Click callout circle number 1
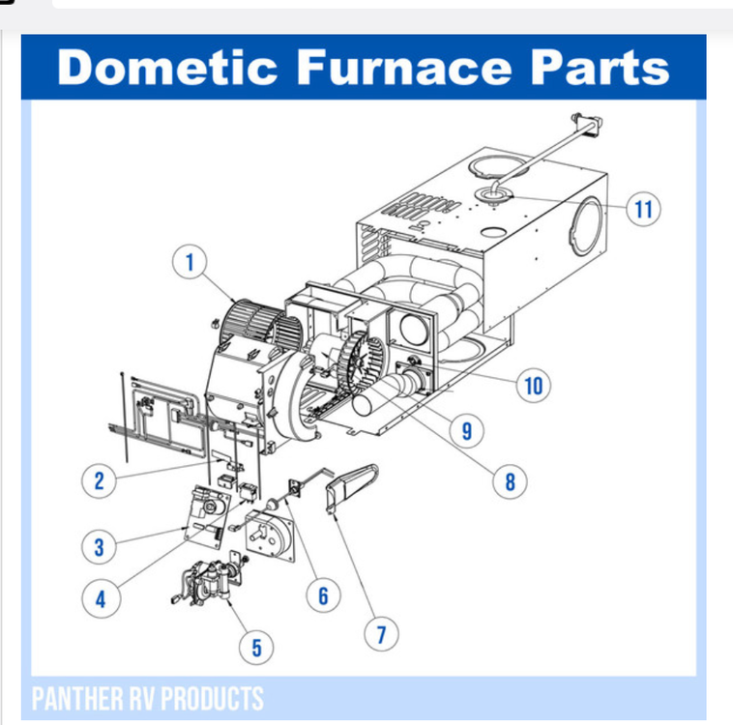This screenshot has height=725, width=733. coord(191,261)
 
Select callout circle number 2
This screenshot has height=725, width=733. coord(99,480)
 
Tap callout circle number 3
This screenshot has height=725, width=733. coord(99,546)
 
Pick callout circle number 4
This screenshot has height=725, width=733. coord(99,598)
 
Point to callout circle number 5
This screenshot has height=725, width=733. coord(257,647)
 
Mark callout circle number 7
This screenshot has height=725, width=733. coord(381,635)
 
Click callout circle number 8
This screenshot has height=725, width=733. coord(511,480)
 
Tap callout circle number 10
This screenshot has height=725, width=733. coord(533,386)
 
